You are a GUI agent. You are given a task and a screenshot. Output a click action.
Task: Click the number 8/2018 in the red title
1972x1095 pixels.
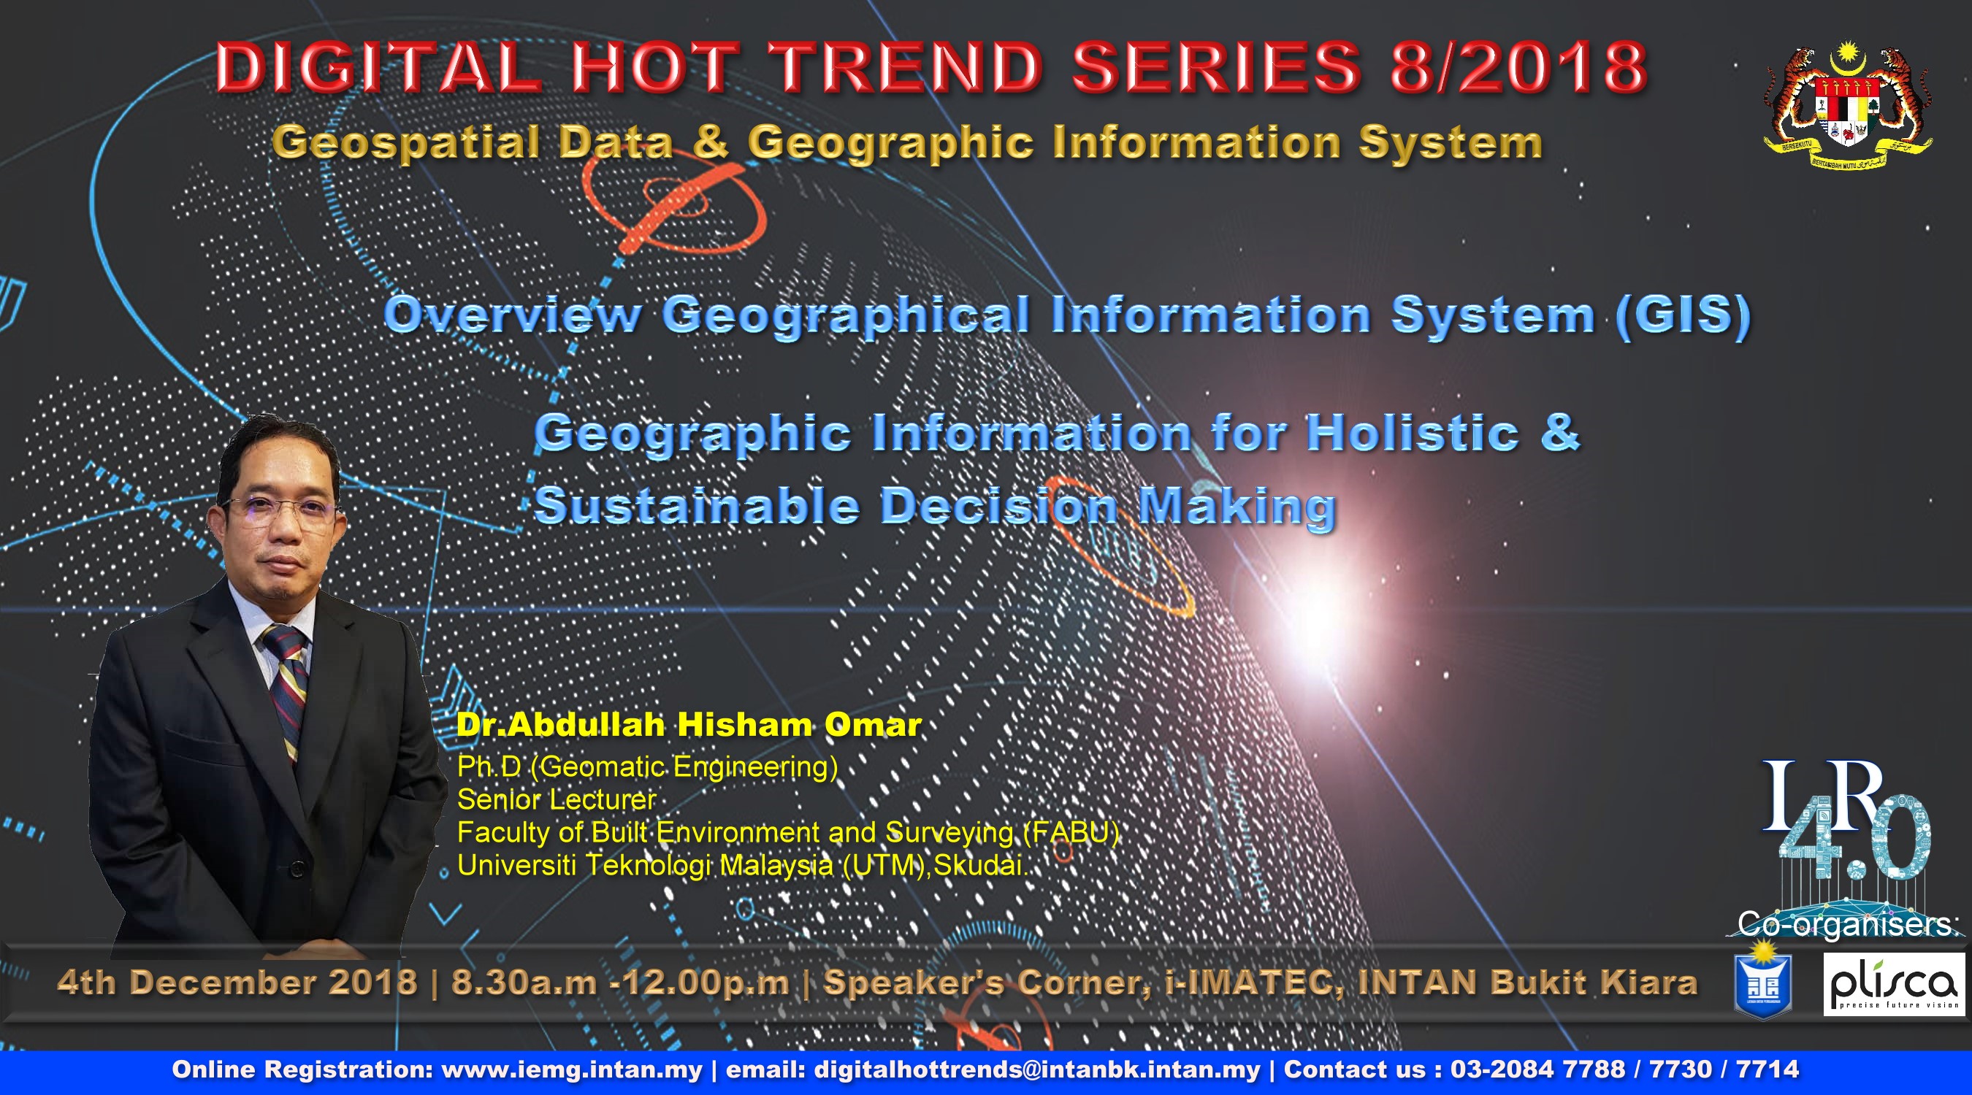(1518, 66)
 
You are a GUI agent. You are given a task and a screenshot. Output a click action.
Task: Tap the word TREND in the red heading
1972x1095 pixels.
(906, 66)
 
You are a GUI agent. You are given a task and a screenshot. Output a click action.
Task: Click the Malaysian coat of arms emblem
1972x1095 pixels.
(1847, 107)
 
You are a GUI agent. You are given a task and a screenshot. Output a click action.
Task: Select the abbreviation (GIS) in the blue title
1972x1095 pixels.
(1683, 315)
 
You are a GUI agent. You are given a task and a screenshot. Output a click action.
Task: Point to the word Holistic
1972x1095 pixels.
(1413, 432)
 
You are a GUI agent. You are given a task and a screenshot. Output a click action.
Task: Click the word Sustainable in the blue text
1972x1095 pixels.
(697, 506)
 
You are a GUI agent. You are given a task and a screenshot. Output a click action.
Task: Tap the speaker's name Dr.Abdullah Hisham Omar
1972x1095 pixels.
(689, 725)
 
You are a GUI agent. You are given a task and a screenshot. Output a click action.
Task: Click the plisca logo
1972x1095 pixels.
(1894, 985)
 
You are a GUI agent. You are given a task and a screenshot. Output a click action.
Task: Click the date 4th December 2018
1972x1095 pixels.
(237, 983)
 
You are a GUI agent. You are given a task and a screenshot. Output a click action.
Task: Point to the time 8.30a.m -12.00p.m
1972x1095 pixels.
(620, 983)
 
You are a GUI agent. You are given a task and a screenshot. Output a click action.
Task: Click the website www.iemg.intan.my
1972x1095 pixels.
(572, 1069)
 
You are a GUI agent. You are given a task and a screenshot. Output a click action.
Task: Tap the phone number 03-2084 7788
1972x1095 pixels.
(1537, 1069)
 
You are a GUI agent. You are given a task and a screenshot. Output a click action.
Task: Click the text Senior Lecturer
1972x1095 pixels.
(557, 799)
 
